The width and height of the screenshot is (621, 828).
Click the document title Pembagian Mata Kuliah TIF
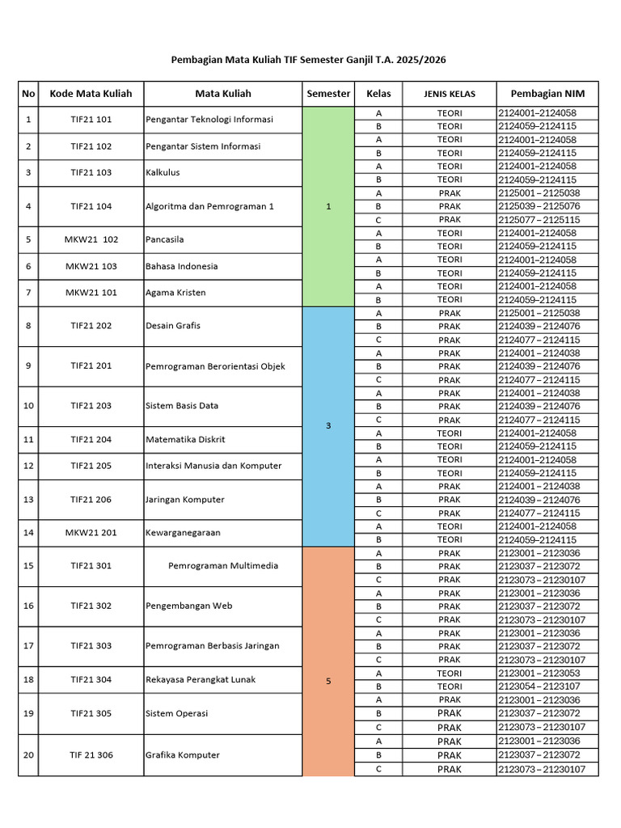point(309,60)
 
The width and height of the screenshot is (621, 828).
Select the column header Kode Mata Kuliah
point(91,93)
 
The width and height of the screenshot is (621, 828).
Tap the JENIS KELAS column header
point(450,94)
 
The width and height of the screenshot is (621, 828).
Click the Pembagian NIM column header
point(547,93)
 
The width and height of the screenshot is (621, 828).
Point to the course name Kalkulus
point(163,172)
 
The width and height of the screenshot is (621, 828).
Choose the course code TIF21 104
point(91,206)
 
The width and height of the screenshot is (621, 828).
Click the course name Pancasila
point(166,239)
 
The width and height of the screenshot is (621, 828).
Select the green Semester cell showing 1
point(328,206)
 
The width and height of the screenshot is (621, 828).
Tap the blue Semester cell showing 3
point(328,426)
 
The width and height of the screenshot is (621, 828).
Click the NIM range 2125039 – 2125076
point(539,206)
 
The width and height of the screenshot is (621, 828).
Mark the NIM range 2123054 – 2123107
point(539,686)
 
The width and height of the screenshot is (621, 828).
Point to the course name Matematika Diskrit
point(185,440)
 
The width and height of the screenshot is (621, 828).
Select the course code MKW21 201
point(91,533)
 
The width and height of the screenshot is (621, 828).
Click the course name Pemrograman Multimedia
point(223,566)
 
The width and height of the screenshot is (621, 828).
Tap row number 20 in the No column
point(29,755)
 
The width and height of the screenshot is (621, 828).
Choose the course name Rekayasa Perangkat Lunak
point(201,680)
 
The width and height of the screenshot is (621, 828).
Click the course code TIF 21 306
point(91,755)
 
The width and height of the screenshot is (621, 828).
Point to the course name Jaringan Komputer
point(185,500)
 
